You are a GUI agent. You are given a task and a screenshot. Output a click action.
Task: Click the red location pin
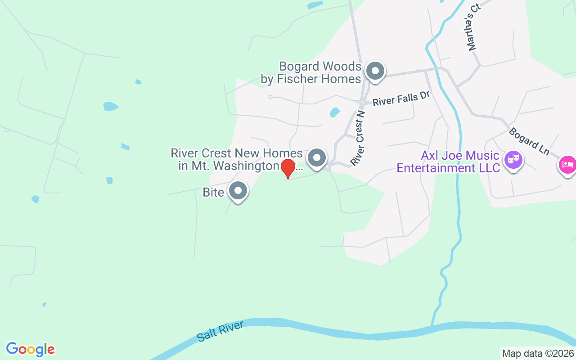[x=288, y=168]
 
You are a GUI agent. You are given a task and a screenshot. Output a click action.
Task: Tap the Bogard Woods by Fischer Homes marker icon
[x=375, y=71]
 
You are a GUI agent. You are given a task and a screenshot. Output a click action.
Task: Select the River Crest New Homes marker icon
[x=317, y=158]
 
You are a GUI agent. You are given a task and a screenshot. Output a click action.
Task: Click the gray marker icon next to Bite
[x=238, y=191]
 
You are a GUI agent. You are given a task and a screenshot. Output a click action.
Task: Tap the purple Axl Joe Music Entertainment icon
[x=513, y=159]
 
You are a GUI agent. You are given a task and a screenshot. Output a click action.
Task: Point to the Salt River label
[x=220, y=331]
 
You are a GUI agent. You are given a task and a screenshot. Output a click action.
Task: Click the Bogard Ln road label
[x=529, y=141]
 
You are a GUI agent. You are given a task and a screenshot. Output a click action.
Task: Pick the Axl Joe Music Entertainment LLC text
[x=448, y=162]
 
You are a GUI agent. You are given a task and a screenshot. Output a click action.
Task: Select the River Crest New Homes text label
[x=236, y=159]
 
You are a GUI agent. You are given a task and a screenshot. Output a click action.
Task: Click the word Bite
[x=213, y=193]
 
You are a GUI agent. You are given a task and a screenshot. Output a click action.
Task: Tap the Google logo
[x=30, y=349]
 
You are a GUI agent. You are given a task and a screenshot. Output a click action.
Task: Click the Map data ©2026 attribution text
[x=538, y=353]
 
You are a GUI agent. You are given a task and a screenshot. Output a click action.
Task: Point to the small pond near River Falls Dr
[x=334, y=112]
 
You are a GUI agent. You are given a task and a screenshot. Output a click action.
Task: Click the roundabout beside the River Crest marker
[x=328, y=167]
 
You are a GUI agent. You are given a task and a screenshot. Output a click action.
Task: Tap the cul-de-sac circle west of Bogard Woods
[x=270, y=97]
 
